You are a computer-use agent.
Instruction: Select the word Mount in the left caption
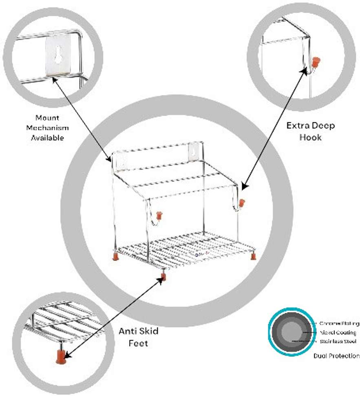(47, 118)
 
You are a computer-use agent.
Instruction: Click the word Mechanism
(47, 128)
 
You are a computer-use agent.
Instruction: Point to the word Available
(47, 138)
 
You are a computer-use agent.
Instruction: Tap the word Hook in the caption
(311, 137)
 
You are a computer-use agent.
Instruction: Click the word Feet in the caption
(138, 343)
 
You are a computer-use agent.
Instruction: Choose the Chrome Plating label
(339, 323)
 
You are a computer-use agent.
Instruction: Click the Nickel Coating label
(338, 332)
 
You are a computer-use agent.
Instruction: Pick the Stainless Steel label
(338, 341)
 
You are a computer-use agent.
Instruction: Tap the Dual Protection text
(337, 356)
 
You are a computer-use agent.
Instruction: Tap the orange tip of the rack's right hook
(242, 202)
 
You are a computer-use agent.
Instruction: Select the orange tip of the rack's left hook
(160, 215)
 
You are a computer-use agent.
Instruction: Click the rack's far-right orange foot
(253, 256)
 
